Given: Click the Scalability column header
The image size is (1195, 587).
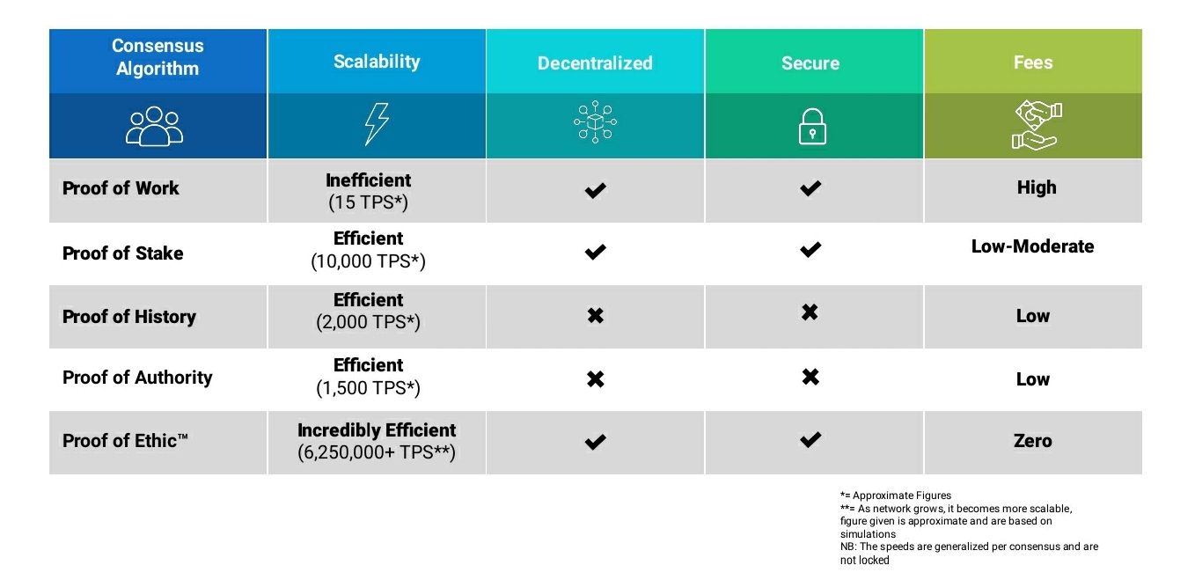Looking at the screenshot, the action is pos(377,62).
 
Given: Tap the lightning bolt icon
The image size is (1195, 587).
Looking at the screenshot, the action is pos(376,124).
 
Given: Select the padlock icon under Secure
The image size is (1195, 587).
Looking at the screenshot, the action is pos(812,127).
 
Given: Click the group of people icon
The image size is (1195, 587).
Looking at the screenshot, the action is pos(154,126).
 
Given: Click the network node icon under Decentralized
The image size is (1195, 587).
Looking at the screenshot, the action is pos(595,122).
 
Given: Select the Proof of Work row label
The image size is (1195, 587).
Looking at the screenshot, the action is pos(121,188).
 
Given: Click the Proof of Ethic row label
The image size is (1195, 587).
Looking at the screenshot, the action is pos(125,441).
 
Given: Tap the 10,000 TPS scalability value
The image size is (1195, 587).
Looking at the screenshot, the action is pos(368,261).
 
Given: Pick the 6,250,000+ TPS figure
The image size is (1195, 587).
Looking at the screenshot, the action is pos(377,452).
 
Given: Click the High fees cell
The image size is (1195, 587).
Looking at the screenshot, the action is pos(1036,187).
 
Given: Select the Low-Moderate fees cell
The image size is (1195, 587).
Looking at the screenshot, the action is pos(1032,246).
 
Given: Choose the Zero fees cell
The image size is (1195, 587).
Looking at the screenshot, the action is pos(1032,441).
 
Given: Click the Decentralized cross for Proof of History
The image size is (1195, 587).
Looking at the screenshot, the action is pos(596,315).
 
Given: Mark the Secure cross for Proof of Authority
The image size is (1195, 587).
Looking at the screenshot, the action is pos(810,377).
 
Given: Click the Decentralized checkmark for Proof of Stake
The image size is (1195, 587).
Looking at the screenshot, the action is pos(596,252).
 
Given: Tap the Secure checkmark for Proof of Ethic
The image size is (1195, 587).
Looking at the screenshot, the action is pos(810,440).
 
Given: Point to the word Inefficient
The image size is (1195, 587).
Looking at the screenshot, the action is pos(368,180).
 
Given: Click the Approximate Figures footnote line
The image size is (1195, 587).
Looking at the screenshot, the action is pos(895,495).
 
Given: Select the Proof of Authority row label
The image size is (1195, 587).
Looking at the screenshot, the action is pos(137,378).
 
